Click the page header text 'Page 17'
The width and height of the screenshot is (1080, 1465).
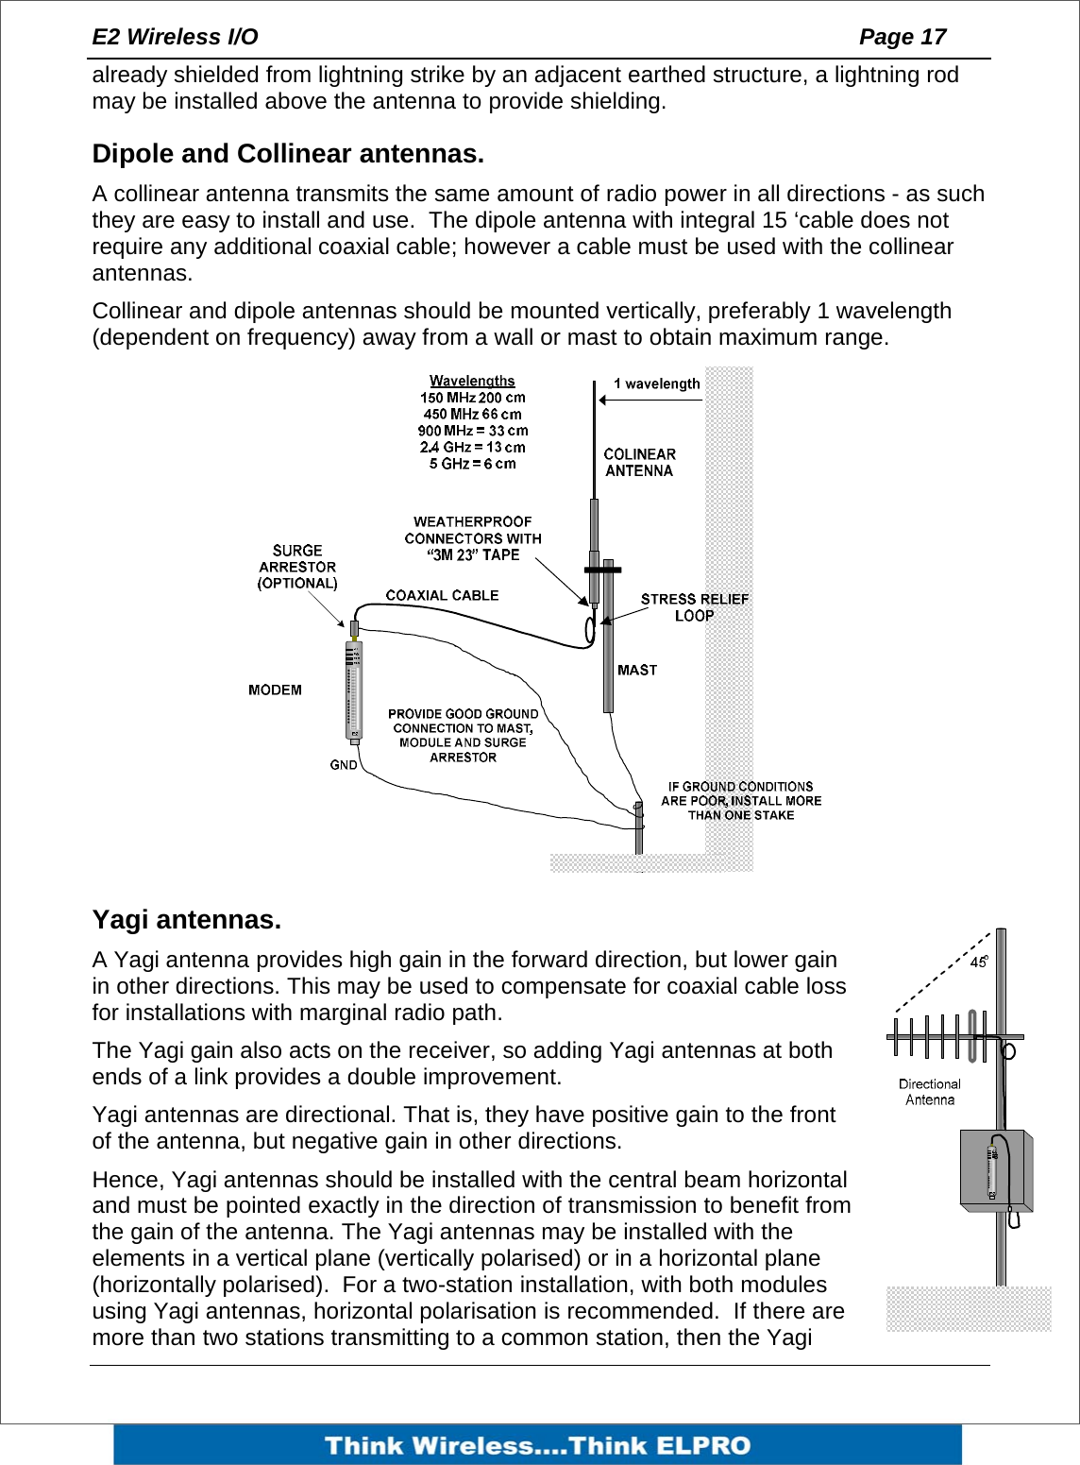(902, 37)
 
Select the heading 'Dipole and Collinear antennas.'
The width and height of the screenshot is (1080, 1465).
(288, 154)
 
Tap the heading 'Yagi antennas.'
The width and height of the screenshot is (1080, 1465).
(187, 920)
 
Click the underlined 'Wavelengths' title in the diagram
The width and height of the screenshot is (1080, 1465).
(472, 381)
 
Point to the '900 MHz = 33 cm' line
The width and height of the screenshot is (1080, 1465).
(473, 431)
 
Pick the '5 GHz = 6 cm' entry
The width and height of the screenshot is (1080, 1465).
(473, 464)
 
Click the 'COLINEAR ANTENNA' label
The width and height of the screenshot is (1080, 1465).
(639, 463)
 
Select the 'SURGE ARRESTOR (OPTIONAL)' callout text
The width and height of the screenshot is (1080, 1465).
(297, 567)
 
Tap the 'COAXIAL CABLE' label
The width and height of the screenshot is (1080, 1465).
(442, 595)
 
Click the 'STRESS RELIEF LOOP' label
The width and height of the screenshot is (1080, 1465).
(694, 606)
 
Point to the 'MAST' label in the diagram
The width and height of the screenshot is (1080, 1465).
(637, 670)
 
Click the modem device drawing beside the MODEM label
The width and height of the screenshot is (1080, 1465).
(354, 690)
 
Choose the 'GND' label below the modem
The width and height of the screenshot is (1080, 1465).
(344, 764)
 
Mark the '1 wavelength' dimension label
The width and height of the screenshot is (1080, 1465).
(657, 383)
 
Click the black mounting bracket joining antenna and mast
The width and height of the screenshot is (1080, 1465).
(602, 570)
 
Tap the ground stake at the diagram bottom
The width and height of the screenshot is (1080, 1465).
(639, 826)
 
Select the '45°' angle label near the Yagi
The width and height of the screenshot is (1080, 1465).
(978, 962)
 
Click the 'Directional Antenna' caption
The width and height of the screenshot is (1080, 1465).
(930, 1092)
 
